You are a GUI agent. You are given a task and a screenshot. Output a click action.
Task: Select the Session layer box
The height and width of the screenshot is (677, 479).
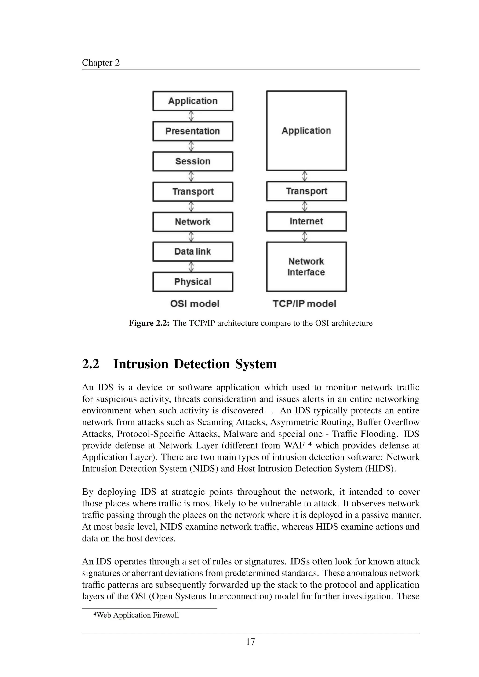pos(193,161)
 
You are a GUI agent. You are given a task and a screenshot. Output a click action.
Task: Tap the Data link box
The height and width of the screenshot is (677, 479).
pos(193,252)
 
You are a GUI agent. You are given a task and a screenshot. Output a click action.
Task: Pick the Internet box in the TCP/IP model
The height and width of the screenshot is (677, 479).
pos(306,221)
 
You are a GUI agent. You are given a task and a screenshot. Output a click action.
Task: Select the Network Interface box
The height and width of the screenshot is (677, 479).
pos(306,267)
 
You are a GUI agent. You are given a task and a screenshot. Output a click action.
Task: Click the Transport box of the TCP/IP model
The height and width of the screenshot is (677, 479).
pos(306,191)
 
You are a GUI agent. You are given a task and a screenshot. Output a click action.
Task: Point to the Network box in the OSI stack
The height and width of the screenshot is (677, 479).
pos(193,222)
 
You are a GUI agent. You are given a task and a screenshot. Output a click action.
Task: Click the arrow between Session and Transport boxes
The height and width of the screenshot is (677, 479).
pos(191,177)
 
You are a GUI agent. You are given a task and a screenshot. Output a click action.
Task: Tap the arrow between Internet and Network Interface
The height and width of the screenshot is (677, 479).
pos(305,236)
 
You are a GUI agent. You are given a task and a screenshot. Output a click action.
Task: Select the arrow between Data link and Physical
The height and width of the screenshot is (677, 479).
pos(191,267)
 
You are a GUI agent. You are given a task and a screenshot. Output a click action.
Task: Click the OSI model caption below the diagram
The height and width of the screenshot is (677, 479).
pos(195,304)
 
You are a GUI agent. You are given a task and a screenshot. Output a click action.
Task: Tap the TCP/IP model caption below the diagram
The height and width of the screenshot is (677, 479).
pos(304,304)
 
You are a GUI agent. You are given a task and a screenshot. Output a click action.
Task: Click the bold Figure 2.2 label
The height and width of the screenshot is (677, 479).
pos(149,323)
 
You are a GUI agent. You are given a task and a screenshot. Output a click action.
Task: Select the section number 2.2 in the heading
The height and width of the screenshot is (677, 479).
pos(91,364)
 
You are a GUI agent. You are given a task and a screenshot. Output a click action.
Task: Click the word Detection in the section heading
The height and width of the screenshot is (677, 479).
pos(202,364)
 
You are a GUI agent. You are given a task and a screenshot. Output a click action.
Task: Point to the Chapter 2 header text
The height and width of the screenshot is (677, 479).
pos(101,63)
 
